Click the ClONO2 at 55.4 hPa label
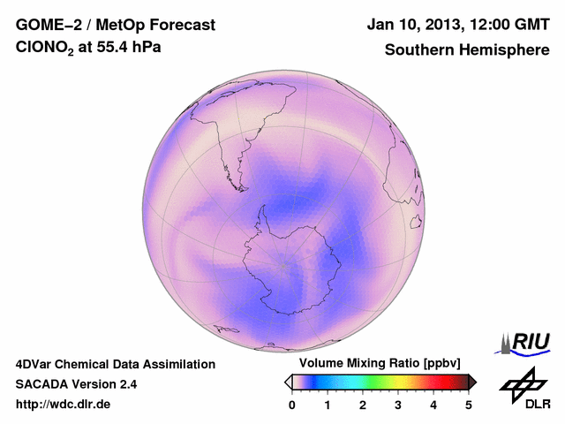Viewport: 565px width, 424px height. pyautogui.click(x=89, y=50)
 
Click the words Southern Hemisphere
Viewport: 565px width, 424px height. pyautogui.click(x=466, y=50)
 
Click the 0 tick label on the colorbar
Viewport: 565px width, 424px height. pyautogui.click(x=292, y=405)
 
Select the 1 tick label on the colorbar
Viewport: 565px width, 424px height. pyautogui.click(x=328, y=405)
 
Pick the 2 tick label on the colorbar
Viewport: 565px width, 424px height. pyautogui.click(x=363, y=405)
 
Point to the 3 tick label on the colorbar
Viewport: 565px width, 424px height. pyautogui.click(x=398, y=405)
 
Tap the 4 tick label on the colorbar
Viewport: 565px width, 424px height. pyautogui.click(x=433, y=405)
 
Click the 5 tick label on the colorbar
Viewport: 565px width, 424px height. pyautogui.click(x=469, y=405)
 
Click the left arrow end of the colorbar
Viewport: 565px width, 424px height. pyautogui.click(x=288, y=382)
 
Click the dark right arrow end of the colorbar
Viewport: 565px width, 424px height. pyautogui.click(x=472, y=382)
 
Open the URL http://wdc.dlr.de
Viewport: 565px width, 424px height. pyautogui.click(x=64, y=405)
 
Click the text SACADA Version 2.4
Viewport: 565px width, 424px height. pyautogui.click(x=76, y=384)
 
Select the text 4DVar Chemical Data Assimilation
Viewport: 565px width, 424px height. pyautogui.click(x=115, y=364)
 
